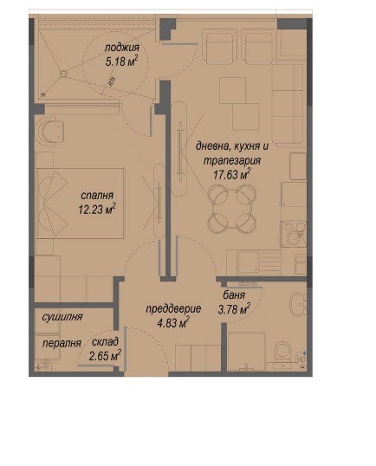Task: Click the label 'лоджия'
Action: pyautogui.click(x=120, y=47)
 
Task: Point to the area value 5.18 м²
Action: pyautogui.click(x=121, y=61)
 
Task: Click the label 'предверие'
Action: pyautogui.click(x=172, y=308)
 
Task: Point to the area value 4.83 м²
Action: pyautogui.click(x=172, y=322)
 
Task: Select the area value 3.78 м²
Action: pyautogui.click(x=233, y=307)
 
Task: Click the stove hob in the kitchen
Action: pyautogui.click(x=292, y=232)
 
